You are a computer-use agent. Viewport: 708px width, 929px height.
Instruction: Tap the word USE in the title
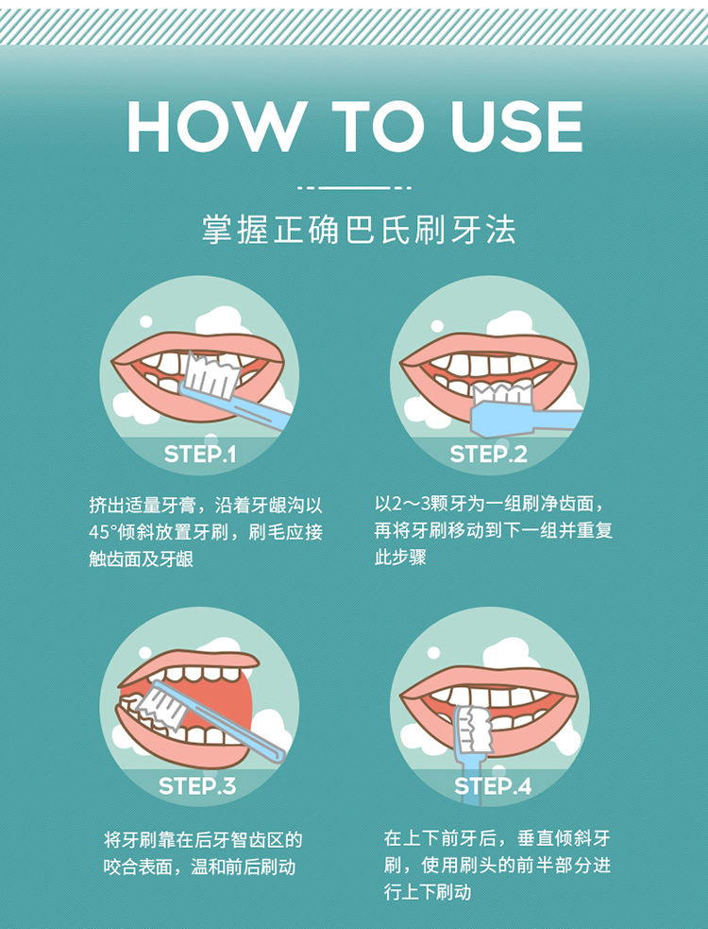[x=516, y=127]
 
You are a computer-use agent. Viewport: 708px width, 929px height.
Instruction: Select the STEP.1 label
[x=199, y=455]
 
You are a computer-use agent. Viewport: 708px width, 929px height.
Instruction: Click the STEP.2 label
[x=488, y=455]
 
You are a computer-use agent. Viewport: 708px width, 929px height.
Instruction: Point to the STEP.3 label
[x=197, y=785]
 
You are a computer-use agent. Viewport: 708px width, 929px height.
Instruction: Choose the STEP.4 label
[x=493, y=785]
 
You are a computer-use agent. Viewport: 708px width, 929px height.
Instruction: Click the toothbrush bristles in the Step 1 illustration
[x=212, y=375]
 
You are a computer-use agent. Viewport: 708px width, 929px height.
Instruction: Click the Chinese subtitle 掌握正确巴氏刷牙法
[x=360, y=230]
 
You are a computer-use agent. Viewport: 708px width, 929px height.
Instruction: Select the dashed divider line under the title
[x=354, y=188]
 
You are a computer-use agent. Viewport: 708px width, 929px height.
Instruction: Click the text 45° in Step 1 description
[x=101, y=532]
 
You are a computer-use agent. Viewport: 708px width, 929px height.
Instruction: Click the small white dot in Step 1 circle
[x=145, y=321]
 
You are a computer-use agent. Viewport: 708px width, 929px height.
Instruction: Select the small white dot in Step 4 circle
[x=434, y=653]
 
